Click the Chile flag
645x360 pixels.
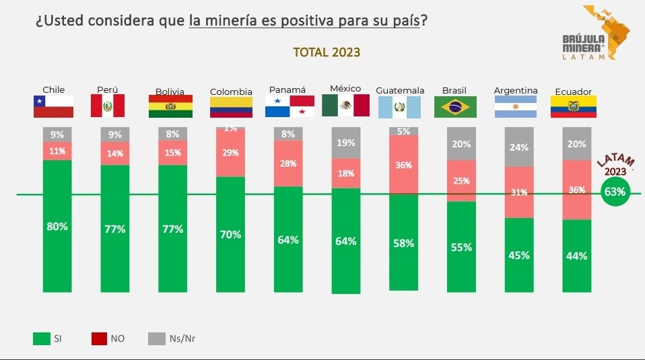54,106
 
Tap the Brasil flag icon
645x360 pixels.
456,107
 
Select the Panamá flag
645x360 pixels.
290,106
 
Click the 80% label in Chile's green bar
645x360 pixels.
57,227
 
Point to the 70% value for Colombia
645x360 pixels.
231,235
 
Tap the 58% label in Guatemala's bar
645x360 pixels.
404,244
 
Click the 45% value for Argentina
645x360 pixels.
519,255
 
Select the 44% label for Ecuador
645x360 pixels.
577,256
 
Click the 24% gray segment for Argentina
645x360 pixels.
519,147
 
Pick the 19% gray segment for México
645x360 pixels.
346,143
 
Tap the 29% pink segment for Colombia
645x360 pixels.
231,153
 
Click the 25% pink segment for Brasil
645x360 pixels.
461,180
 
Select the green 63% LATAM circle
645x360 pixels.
615,192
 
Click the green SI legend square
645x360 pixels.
41,338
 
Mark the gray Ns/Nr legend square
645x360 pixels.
156,338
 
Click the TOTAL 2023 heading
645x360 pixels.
326,52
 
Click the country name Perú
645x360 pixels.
108,89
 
